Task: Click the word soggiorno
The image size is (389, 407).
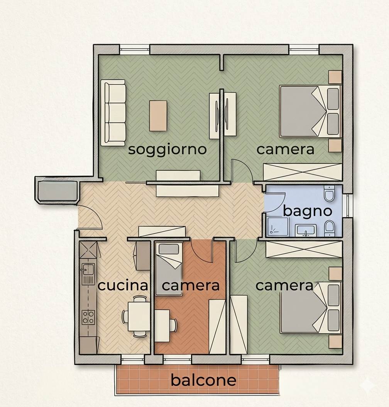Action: coord(167,150)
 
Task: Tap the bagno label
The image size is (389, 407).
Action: coord(308,211)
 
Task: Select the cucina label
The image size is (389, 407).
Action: coord(123,286)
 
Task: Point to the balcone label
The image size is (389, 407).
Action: coord(203,380)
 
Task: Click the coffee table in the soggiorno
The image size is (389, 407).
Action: coord(158,116)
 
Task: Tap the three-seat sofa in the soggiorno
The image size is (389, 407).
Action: coord(113,113)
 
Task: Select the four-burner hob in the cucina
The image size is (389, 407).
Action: coord(88,317)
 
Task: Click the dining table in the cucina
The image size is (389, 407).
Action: coord(139,316)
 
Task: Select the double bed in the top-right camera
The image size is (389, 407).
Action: coord(310,111)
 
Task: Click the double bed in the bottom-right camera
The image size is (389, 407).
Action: coord(310,308)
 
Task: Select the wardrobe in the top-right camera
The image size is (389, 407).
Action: coord(303,172)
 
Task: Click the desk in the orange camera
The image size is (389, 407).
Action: coord(162,326)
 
